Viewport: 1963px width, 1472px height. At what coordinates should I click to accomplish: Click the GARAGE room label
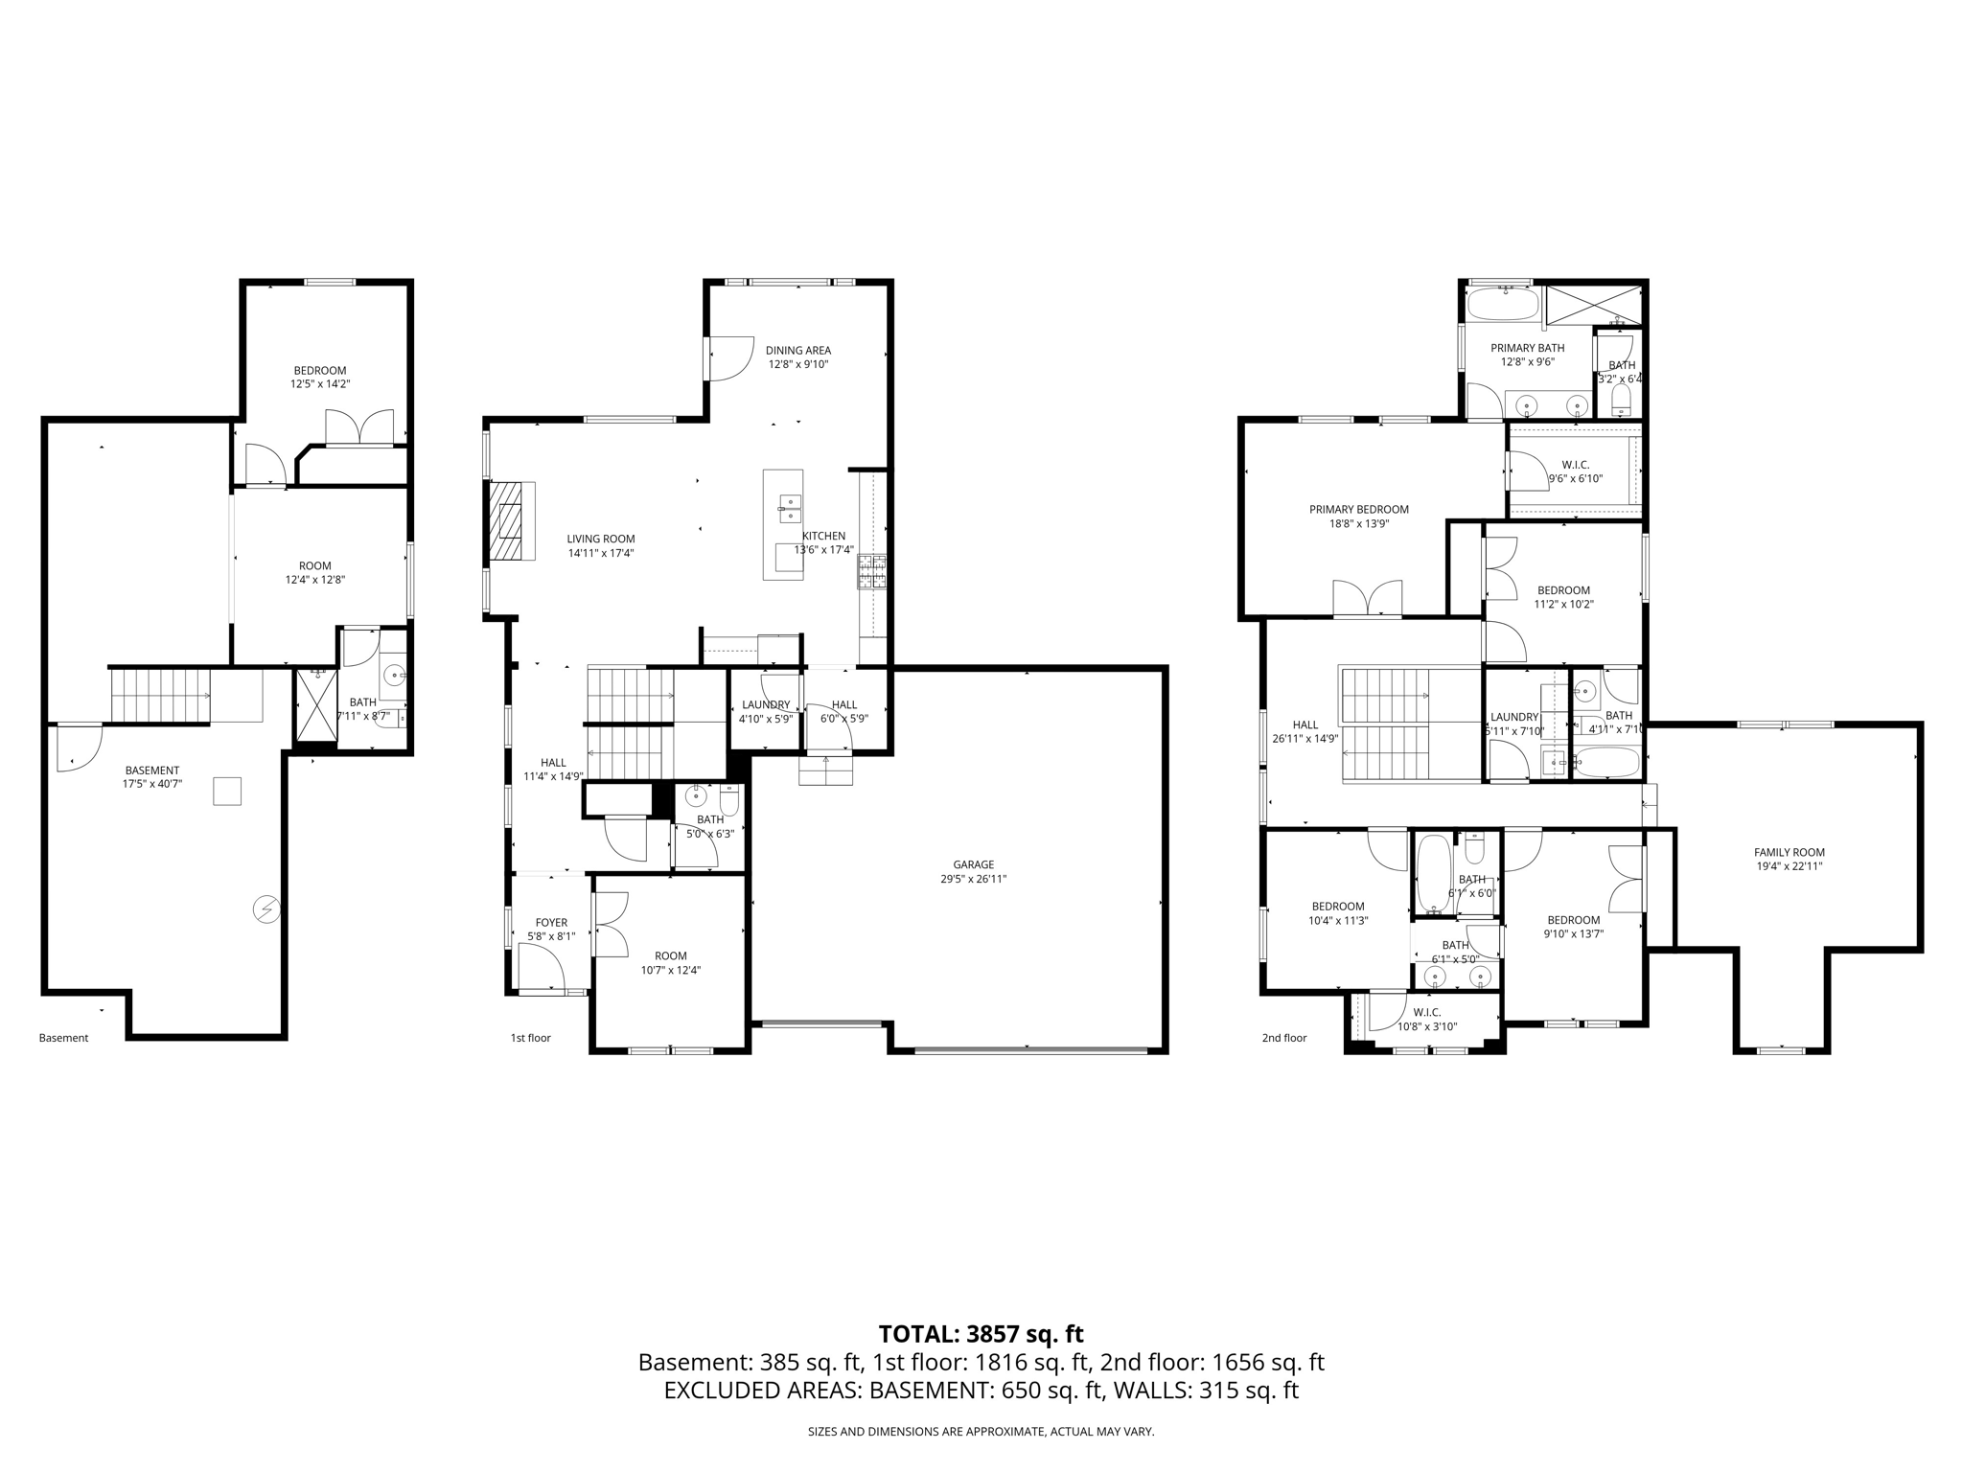[973, 864]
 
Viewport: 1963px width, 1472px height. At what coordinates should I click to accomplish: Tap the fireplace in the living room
[508, 520]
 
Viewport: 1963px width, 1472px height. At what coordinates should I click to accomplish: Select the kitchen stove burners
[872, 571]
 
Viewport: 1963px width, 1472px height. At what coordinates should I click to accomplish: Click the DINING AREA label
[797, 351]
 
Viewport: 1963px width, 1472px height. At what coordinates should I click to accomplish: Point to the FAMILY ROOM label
[1789, 852]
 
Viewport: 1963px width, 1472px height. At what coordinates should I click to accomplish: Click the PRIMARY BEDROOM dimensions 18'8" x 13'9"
[1358, 524]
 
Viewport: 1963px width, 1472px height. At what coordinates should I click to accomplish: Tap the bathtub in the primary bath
[1503, 306]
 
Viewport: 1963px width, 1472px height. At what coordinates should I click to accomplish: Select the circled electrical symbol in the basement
[266, 908]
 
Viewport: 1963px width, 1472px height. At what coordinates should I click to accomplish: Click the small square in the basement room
[227, 791]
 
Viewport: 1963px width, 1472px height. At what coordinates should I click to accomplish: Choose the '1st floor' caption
[530, 1038]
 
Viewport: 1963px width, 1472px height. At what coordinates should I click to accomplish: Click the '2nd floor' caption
[1283, 1038]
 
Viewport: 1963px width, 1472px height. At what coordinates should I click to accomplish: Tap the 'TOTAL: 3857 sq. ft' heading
[981, 1334]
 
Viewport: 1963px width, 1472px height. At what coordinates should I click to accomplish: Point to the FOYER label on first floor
[551, 923]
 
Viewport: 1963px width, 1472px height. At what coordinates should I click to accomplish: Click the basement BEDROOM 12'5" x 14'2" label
[319, 371]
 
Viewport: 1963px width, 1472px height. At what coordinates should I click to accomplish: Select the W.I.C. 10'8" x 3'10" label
[1426, 1020]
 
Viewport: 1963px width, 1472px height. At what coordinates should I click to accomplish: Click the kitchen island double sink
[791, 507]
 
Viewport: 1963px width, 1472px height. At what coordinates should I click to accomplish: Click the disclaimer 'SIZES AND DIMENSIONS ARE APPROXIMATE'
[981, 1432]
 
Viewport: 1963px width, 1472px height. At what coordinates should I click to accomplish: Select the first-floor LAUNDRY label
[765, 704]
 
